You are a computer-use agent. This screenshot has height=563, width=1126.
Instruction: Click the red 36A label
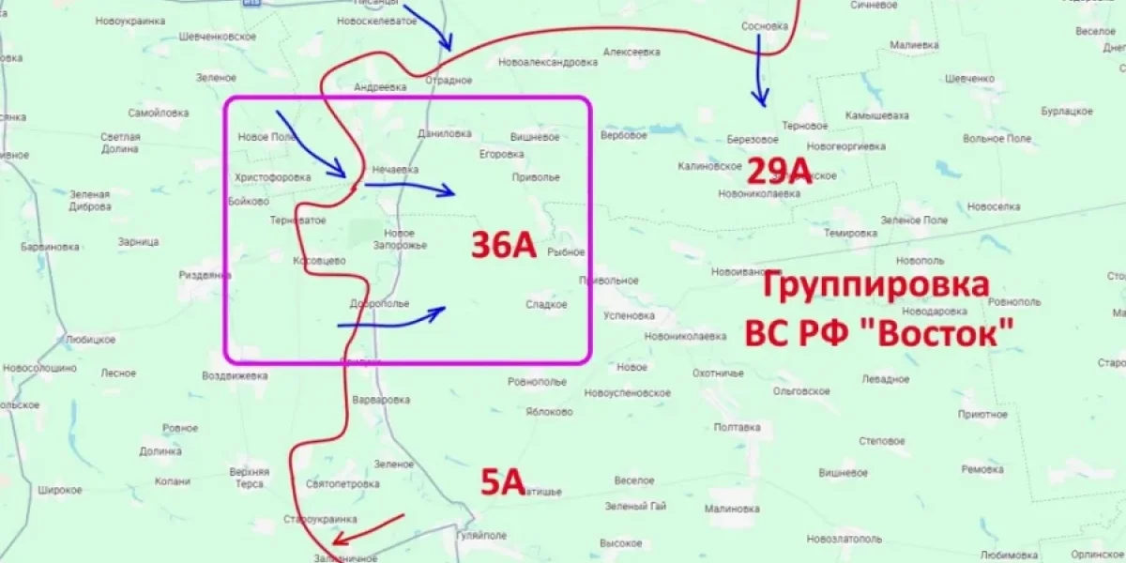click(x=503, y=246)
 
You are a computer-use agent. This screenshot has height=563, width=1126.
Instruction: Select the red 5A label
click(x=501, y=482)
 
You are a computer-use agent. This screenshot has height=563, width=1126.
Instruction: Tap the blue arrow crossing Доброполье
click(x=390, y=319)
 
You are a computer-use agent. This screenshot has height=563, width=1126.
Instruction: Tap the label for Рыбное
click(x=566, y=251)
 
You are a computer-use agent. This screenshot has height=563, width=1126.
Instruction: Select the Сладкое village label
click(x=546, y=304)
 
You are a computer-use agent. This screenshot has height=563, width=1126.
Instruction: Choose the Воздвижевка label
click(x=234, y=375)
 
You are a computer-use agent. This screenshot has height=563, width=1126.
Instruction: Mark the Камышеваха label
click(x=876, y=115)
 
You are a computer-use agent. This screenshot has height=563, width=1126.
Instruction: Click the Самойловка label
click(x=159, y=113)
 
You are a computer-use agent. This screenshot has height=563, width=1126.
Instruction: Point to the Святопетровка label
click(x=342, y=484)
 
